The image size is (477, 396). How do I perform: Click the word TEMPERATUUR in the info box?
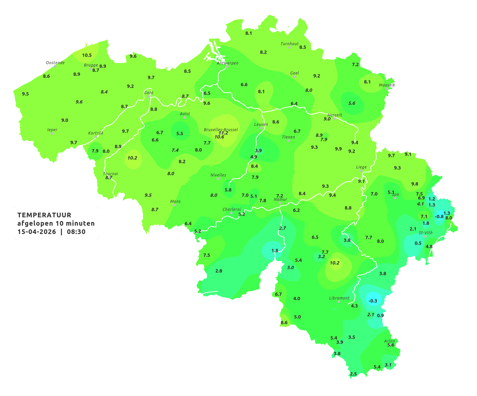pos(44,215)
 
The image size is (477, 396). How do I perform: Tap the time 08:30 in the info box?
pos(76,232)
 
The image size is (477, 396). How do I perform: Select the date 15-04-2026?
pos(37,232)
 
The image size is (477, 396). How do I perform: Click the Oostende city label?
pos(55,63)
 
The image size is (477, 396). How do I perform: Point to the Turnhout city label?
pos(289,44)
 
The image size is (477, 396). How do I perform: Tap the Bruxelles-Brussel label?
pos(221,129)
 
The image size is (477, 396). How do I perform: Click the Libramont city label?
pos(339,298)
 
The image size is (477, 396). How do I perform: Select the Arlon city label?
pos(389,341)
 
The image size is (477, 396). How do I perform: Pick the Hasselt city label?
pos(335,115)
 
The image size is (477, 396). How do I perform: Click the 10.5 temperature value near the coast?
pos(87,55)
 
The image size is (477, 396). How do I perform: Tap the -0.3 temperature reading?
pos(373,301)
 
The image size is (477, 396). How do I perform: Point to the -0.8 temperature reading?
pos(439,217)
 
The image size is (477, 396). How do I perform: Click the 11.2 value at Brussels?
pos(223,133)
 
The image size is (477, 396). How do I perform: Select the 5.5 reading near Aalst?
pos(180,134)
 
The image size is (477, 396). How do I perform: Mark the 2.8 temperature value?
pos(219,271)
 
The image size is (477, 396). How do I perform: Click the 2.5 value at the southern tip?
pos(353,374)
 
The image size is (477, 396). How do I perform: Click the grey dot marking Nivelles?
pos(218,179)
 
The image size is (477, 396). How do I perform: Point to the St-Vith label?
pos(425,233)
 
